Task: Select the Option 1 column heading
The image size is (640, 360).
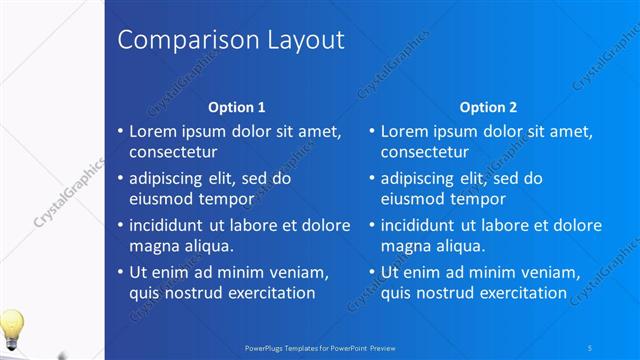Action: pos(236,107)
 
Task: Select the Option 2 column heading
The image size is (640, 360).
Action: pos(488,107)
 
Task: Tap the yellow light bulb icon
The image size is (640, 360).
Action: pos(11,326)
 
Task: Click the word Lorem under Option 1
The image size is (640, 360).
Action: pos(155,131)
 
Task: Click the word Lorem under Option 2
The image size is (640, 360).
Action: pos(407,131)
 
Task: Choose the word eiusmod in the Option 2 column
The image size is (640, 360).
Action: pos(414,198)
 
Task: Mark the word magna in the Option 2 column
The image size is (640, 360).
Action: pos(406,245)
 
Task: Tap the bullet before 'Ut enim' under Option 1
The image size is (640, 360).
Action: pos(120,271)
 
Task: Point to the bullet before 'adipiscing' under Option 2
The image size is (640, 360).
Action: pos(372,178)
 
